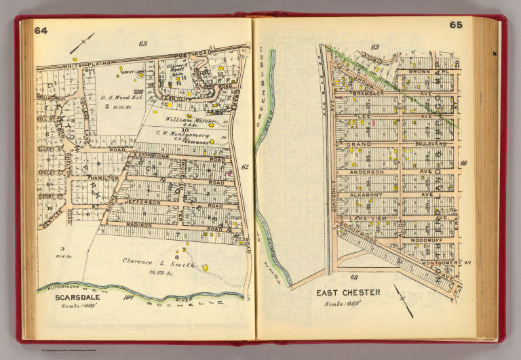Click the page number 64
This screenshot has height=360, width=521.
(41, 30)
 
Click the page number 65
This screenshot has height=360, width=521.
(455, 25)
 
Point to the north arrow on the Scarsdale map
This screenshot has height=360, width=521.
(82, 43)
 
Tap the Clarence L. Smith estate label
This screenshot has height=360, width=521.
(157, 260)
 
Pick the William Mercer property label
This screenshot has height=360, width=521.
(183, 119)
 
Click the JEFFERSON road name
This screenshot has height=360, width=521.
(142, 202)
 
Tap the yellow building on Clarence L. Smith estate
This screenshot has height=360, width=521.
(205, 268)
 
